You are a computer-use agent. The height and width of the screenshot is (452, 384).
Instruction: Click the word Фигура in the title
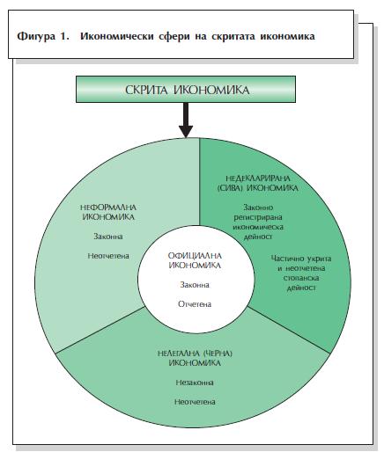tap(36, 36)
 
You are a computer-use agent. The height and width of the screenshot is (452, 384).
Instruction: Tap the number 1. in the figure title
tap(65, 36)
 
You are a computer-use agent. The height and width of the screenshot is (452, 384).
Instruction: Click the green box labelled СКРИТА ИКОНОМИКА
tap(186, 89)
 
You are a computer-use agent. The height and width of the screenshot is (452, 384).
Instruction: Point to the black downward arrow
tap(186, 120)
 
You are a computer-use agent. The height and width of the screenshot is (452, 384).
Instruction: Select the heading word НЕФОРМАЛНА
tap(108, 208)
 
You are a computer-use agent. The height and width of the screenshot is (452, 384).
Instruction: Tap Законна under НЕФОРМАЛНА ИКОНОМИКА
tap(108, 237)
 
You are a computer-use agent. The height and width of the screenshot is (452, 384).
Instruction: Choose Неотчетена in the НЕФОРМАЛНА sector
tap(108, 256)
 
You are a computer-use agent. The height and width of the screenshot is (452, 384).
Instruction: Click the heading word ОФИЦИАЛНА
tap(195, 256)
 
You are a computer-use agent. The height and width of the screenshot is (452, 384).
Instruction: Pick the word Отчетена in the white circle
tap(195, 304)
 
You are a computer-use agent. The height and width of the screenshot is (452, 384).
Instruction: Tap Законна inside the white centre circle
tap(195, 285)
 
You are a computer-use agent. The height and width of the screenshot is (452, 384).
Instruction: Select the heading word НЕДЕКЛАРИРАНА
tap(258, 179)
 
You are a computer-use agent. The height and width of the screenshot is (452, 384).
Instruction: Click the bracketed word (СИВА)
tap(230, 188)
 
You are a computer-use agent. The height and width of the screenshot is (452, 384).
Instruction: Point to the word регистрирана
tap(258, 217)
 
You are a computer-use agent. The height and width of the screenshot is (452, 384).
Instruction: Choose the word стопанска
tap(301, 278)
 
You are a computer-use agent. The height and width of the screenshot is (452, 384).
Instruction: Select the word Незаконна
tap(195, 383)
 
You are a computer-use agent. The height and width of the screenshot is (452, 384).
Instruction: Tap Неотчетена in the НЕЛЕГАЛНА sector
tap(195, 402)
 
